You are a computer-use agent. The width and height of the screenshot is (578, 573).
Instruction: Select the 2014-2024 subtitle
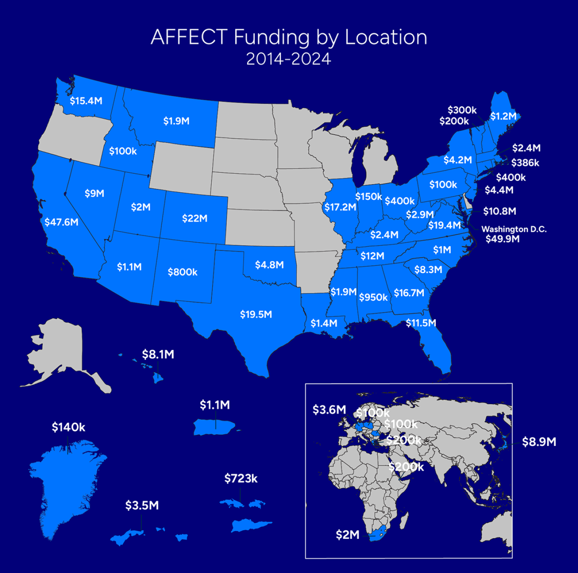(x=289, y=59)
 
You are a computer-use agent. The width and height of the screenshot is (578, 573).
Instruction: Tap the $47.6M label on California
(x=62, y=222)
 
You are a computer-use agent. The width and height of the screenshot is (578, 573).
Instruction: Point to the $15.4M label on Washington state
(x=86, y=101)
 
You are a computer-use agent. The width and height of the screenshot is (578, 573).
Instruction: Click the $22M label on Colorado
(x=195, y=218)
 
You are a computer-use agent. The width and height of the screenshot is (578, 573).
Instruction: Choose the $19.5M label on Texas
(x=256, y=315)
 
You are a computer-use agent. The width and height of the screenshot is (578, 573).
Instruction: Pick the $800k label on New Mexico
(x=182, y=272)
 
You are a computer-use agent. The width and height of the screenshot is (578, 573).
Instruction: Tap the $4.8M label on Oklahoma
(x=269, y=265)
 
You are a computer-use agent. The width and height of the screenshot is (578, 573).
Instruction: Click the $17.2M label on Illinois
(x=340, y=207)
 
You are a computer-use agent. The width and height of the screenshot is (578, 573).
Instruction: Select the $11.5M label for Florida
(x=421, y=323)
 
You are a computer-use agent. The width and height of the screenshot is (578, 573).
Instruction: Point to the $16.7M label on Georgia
(x=409, y=293)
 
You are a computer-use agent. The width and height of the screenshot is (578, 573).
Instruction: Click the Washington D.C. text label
(x=514, y=229)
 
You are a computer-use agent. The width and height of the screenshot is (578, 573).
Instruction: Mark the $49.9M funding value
(x=502, y=239)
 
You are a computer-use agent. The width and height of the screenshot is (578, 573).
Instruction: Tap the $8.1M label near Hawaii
(x=158, y=354)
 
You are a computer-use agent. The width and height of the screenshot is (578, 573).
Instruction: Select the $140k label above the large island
(x=69, y=427)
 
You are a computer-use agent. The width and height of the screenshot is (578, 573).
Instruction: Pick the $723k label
(x=241, y=478)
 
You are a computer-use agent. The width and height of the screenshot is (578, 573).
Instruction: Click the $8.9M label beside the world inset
(x=539, y=442)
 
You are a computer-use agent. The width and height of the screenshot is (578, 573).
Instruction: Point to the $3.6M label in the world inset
(x=329, y=410)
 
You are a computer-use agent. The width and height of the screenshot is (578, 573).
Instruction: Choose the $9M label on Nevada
(x=94, y=193)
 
